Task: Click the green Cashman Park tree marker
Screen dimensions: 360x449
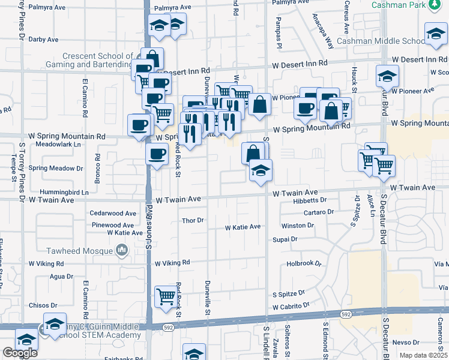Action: tap(435, 5)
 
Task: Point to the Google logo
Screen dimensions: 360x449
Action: tap(20, 353)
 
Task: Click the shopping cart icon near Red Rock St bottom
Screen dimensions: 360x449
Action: tap(165, 296)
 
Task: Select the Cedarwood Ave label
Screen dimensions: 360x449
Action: tap(113, 213)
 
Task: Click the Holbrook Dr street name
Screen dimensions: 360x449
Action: tap(304, 263)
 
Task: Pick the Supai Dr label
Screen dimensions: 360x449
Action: tap(285, 239)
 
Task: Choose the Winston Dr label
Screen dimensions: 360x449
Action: tap(297, 226)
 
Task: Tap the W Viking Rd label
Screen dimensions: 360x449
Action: tap(172, 263)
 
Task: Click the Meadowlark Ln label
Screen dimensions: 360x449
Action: tap(58, 145)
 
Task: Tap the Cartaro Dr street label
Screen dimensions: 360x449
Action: tap(318, 212)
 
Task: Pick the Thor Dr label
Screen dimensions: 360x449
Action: tap(193, 221)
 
